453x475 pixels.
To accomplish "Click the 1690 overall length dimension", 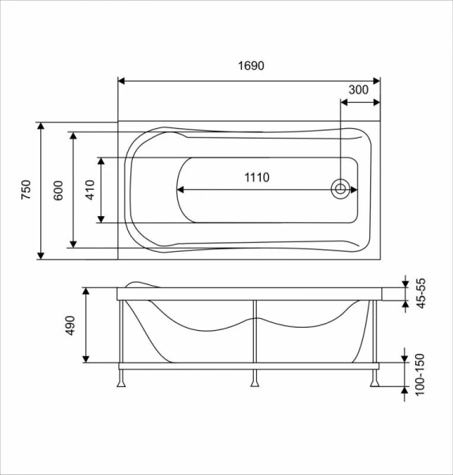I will pos(249,67).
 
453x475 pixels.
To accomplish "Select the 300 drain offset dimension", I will pos(358,89).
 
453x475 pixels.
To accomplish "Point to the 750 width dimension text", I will pos(25,190).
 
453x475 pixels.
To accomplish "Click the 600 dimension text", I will pos(58,190).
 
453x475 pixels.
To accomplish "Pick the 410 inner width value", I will pos(89,190).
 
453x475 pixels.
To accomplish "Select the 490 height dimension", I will pos(70,325).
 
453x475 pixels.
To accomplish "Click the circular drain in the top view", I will pos(341,189).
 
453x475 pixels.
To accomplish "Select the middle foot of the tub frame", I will pos(254,381).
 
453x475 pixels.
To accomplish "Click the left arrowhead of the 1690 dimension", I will pos(123,80).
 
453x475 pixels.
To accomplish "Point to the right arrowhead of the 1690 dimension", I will pos(376,80).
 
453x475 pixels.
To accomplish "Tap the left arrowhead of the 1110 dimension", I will pos(180,189).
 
